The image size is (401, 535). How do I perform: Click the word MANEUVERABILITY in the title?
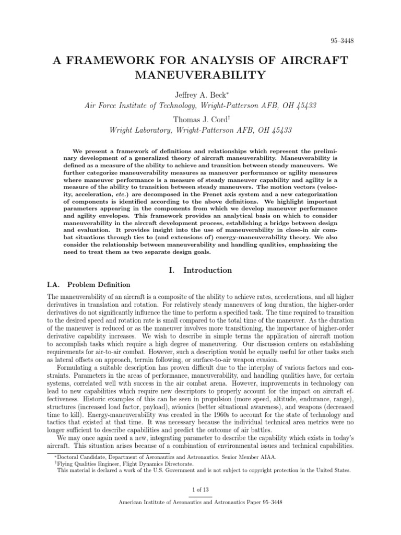(x=200, y=75)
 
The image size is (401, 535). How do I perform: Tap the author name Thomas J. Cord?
(x=200, y=119)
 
